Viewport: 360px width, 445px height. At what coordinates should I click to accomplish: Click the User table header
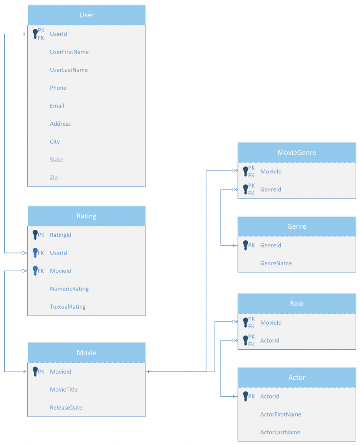coord(87,15)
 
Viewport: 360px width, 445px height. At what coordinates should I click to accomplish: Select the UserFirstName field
coord(69,52)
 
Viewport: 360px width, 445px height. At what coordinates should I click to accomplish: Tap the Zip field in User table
coord(54,178)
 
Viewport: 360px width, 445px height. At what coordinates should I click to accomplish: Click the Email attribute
coord(57,106)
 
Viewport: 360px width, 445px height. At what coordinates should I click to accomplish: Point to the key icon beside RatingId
coord(35,235)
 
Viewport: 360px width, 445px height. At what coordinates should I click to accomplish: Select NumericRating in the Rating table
coord(69,289)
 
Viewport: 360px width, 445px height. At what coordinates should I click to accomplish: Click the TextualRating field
coord(68,307)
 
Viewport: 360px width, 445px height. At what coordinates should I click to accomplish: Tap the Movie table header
coord(87,353)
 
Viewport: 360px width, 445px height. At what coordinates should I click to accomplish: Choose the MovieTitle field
coord(64,390)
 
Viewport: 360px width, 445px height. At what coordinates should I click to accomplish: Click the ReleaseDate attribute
coord(66,407)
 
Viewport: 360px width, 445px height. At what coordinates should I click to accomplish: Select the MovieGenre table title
coord(297,153)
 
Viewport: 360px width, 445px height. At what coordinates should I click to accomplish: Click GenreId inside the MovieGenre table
coord(271,189)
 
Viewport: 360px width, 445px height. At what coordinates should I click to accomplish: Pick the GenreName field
coord(276,263)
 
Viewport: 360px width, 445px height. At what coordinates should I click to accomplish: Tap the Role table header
coord(297,304)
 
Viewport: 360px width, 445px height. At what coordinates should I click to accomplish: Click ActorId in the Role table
coord(270,340)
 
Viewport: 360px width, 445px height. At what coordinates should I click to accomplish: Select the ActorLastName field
coord(280,432)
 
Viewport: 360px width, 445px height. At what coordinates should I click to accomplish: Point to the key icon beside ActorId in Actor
coord(245,396)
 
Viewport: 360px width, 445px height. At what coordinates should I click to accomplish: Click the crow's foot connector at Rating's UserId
coord(24,253)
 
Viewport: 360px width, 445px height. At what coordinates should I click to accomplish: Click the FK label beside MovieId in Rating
coord(41,271)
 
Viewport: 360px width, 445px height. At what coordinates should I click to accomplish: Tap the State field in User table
coord(57,159)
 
